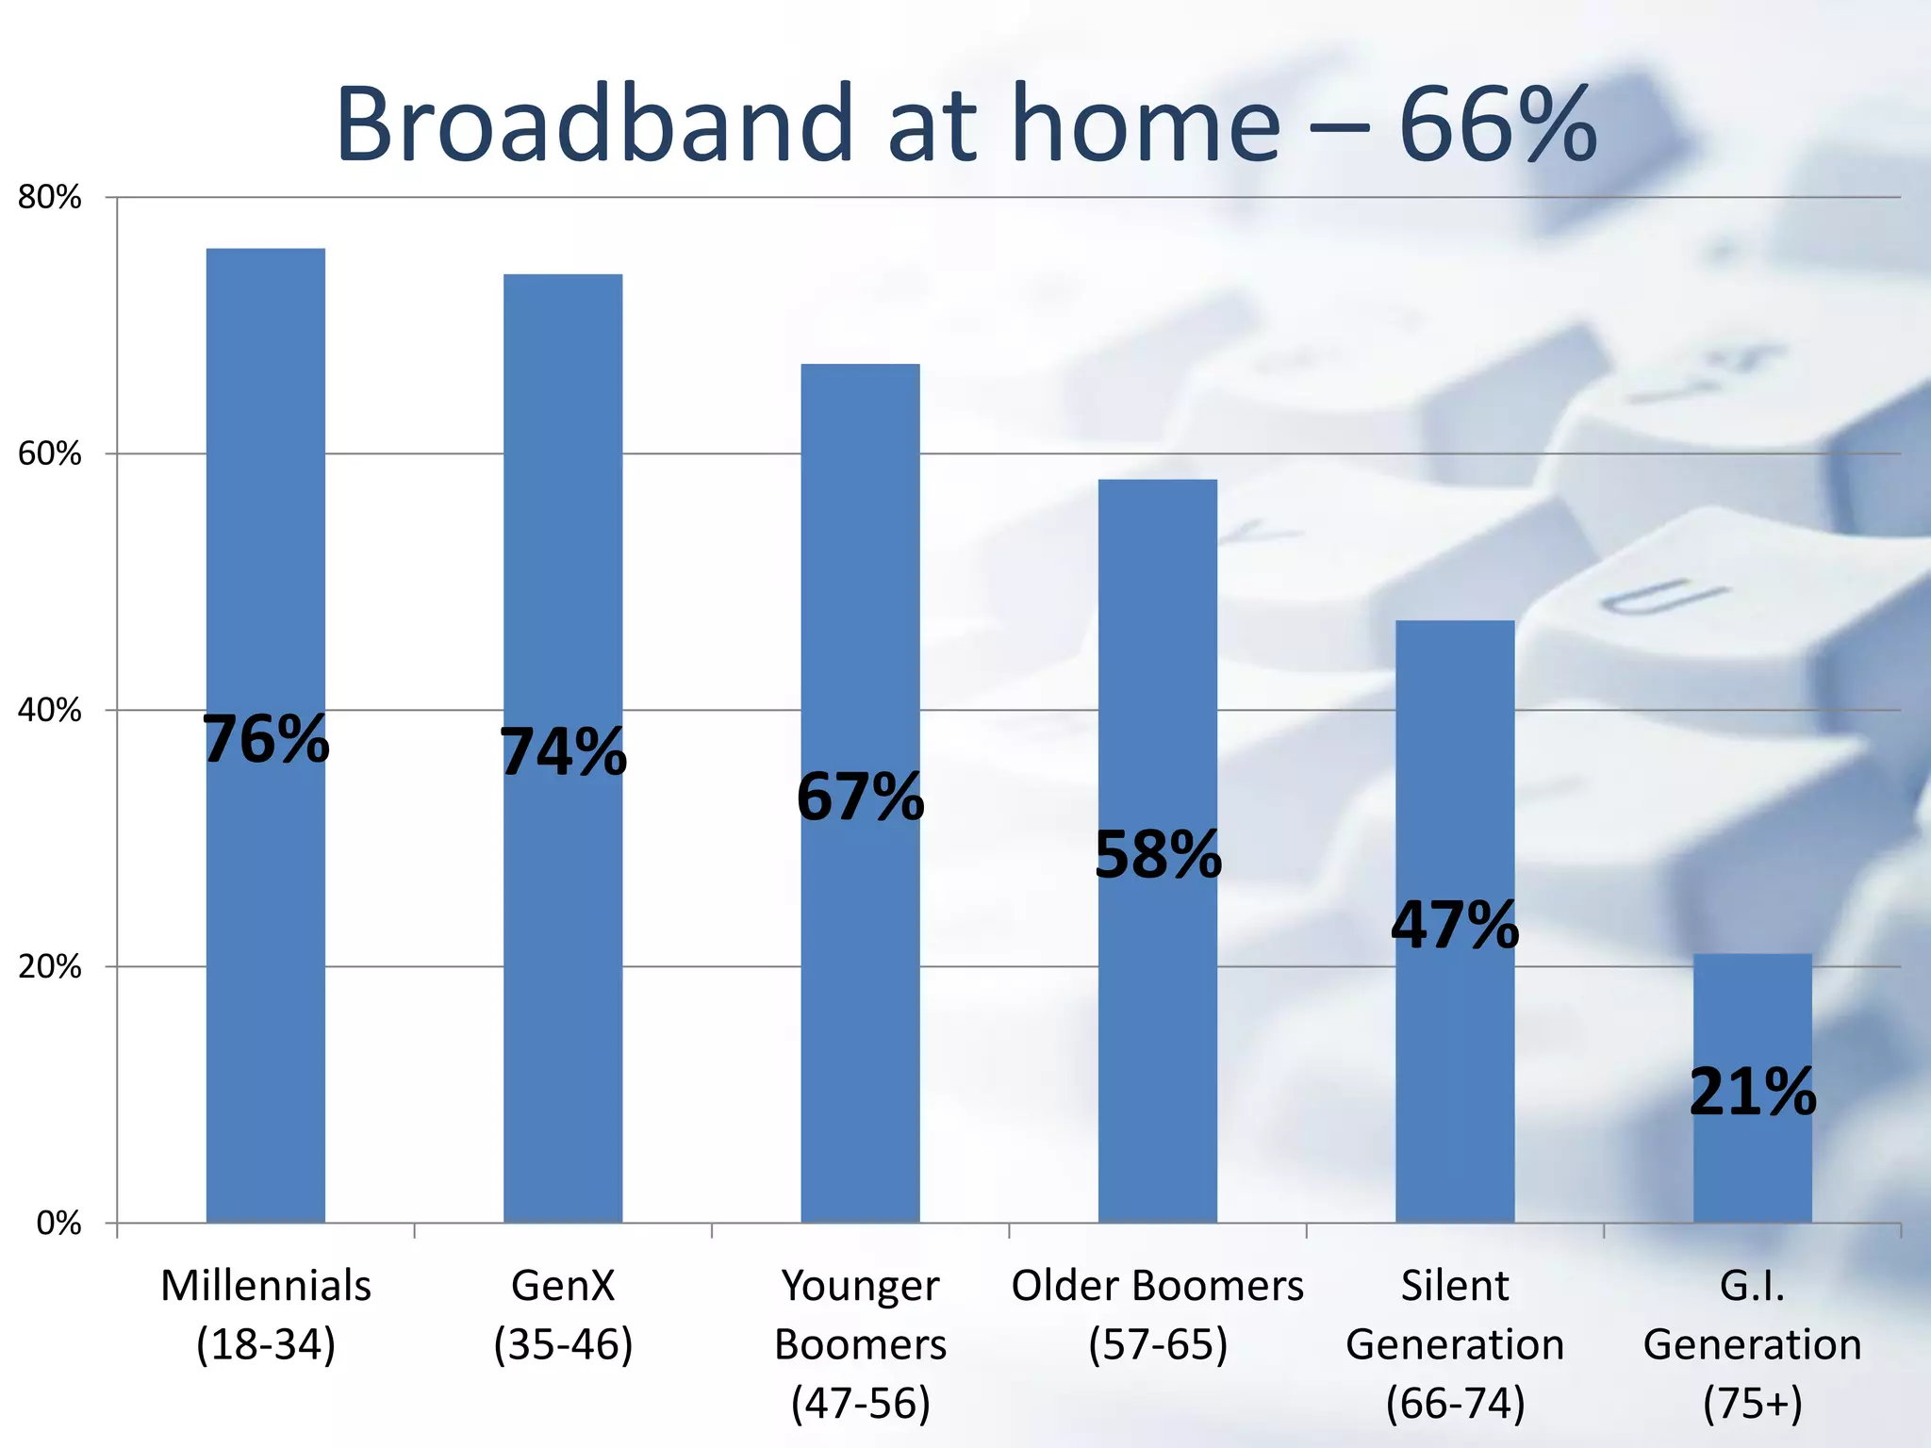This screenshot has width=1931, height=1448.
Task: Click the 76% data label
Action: [x=267, y=740]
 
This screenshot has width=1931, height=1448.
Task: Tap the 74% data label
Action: [x=563, y=753]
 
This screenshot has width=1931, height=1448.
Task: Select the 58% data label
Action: [x=1158, y=856]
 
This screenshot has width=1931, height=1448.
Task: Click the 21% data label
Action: [x=1752, y=1093]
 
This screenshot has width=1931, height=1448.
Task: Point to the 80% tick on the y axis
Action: [x=50, y=198]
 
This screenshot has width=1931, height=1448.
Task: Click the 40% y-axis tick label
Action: [x=50, y=711]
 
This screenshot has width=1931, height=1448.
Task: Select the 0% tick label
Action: [x=58, y=1224]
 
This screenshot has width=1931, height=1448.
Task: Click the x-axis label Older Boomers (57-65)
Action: [x=1157, y=1314]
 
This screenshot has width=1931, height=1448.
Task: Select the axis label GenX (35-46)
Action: [x=563, y=1314]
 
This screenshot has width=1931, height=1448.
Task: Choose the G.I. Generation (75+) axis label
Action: [x=1752, y=1343]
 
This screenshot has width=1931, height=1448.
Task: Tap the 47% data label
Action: [x=1455, y=926]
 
